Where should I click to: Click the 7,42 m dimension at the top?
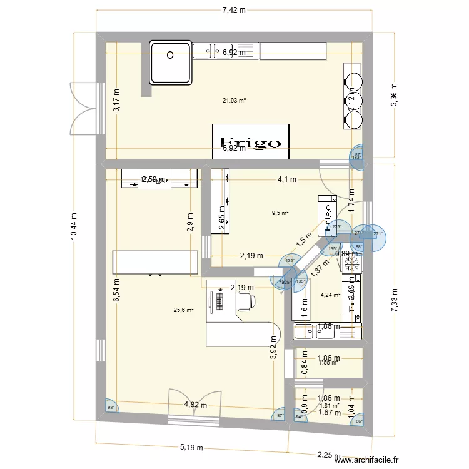tap(234, 10)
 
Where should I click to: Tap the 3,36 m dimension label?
tap(394, 95)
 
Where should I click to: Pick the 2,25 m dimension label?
tap(325, 456)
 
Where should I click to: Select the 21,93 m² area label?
tap(234, 100)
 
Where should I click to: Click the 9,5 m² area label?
tap(280, 213)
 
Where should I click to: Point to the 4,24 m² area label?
tap(330, 295)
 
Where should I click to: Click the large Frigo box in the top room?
tap(251, 142)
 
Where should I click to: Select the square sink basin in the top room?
tap(170, 63)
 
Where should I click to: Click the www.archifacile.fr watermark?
tap(366, 460)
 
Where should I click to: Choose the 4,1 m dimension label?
tap(288, 179)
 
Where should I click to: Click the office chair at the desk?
tap(245, 302)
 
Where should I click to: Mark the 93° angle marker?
tap(112, 408)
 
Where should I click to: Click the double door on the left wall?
tap(85, 106)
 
